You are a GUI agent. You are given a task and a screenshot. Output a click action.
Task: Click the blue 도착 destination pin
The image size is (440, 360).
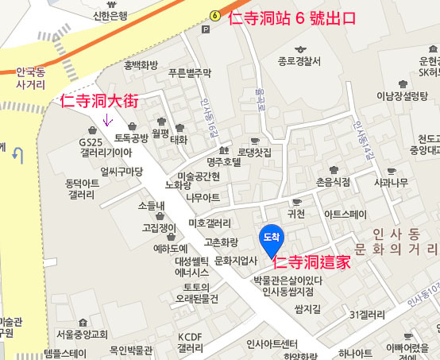270,237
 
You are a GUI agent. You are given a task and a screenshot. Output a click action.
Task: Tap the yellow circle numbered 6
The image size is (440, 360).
215,15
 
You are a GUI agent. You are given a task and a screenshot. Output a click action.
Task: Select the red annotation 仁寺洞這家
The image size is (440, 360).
311,263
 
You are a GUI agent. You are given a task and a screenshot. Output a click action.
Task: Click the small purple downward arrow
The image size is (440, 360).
109,122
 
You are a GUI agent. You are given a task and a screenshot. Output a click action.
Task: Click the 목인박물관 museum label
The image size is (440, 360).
130,350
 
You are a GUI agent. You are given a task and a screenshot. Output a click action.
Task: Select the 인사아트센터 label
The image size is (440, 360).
272,344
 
